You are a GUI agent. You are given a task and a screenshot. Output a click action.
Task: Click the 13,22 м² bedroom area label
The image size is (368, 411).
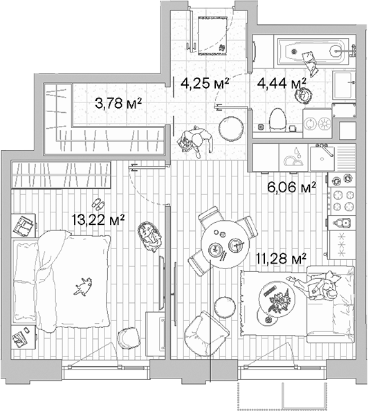(98, 221)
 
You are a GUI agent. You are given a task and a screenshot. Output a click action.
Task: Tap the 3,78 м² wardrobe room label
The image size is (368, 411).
(118, 104)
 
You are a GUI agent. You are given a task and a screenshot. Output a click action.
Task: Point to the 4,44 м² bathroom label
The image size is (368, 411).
(282, 84)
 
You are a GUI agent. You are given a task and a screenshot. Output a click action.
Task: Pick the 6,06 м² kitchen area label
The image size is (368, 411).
(291, 185)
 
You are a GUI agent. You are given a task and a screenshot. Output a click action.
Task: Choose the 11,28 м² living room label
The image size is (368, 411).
(282, 259)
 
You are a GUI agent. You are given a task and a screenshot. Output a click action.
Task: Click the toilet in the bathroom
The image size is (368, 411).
(278, 120)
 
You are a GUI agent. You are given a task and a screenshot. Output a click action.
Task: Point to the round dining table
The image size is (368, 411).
(226, 246)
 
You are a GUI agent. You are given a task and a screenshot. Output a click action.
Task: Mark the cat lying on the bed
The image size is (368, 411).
(84, 284)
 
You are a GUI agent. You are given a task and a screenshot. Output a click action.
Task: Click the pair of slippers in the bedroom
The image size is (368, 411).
(98, 204)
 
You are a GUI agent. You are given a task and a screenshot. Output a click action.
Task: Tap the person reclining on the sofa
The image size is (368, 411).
(318, 285)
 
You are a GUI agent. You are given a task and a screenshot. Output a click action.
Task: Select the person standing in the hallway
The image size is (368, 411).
(194, 140)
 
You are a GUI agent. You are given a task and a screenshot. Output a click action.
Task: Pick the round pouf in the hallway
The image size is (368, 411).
(230, 127)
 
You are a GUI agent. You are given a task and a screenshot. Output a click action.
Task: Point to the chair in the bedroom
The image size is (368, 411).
(129, 338)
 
